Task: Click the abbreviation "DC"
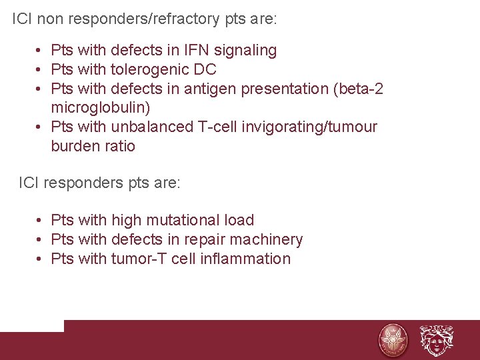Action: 206,69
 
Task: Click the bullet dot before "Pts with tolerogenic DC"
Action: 41,69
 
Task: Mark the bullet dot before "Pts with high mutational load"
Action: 41,220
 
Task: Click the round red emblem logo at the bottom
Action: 393,340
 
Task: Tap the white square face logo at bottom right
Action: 436,340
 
